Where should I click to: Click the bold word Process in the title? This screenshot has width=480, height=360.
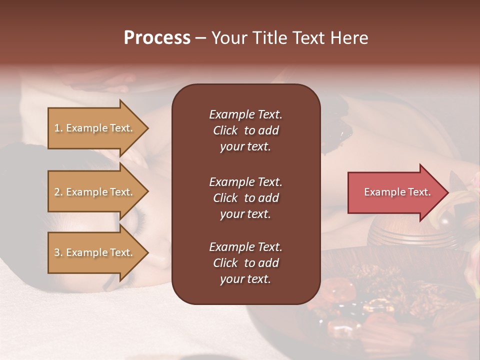coord(157,38)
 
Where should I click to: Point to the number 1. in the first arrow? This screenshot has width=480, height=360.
coord(58,128)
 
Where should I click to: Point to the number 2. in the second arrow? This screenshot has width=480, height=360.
coord(58,192)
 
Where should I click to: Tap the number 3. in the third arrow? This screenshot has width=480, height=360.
coord(58,252)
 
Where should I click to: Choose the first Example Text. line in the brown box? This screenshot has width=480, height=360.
coord(245,114)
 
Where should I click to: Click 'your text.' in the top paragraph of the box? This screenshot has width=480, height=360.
coord(245,147)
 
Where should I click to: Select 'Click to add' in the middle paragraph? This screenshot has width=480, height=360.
coord(245,198)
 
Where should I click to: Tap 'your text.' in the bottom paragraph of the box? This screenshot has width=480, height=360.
coord(245,279)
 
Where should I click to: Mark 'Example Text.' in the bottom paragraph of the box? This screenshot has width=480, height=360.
coord(245,247)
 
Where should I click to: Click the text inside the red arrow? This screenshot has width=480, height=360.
coord(397,192)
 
